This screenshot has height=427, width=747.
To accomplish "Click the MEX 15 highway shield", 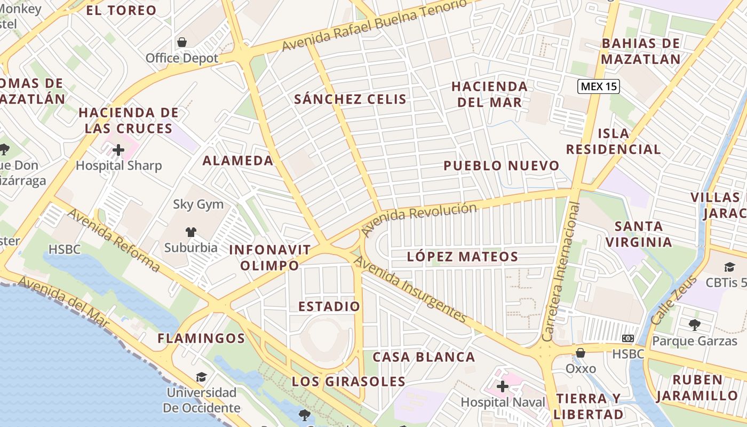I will click(x=599, y=86).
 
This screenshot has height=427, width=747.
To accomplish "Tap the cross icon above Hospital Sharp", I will click(x=118, y=150).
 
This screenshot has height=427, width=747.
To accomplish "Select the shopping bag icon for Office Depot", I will click(x=182, y=42).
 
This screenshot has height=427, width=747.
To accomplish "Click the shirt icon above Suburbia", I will click(x=190, y=232).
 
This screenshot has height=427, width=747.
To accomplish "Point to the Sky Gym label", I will click(x=198, y=204).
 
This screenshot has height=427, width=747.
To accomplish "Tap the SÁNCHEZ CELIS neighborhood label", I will click(x=350, y=99).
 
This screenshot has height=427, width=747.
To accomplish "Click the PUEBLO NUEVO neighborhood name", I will click(x=501, y=165).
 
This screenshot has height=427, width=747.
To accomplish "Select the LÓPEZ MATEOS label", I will click(x=462, y=257).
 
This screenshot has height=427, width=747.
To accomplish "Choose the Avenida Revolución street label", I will click(x=419, y=218).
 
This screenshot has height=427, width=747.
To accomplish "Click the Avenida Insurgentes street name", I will click(x=410, y=290).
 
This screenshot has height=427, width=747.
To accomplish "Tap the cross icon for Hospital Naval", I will click(x=502, y=386).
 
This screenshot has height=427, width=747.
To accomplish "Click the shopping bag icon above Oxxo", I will click(x=580, y=353).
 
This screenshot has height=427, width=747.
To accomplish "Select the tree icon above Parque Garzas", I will click(x=694, y=324).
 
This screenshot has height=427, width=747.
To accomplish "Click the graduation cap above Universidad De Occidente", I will click(x=201, y=377).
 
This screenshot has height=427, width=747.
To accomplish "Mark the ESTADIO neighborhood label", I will click(x=329, y=306).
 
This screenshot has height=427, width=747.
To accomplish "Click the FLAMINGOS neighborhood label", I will click(x=201, y=338).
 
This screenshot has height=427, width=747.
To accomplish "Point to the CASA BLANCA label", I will click(x=424, y=357).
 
